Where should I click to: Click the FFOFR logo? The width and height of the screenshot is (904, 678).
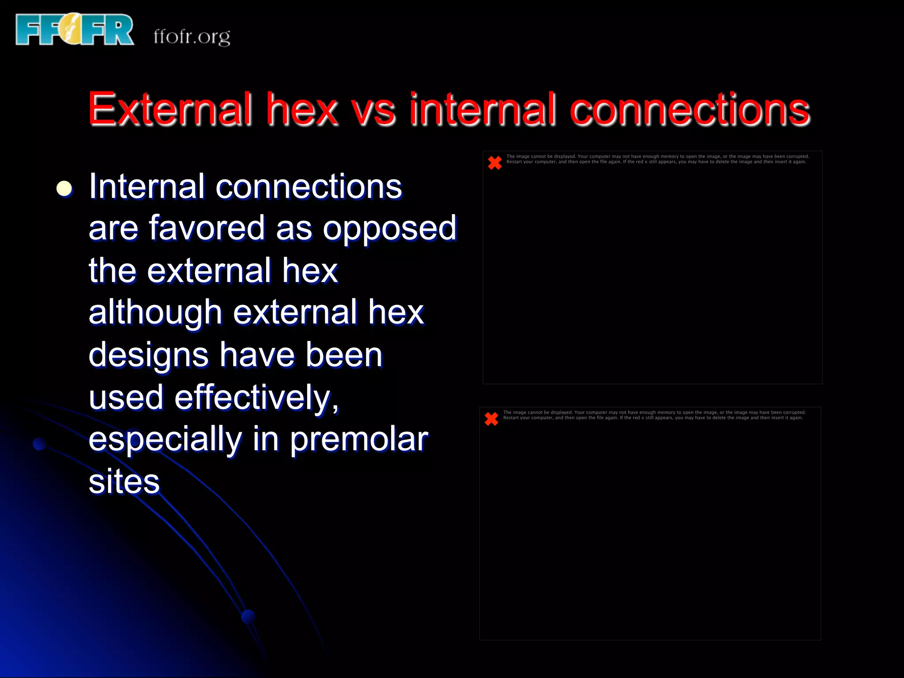pyautogui.click(x=74, y=30)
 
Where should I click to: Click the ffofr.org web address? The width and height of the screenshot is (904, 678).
pyautogui.click(x=192, y=36)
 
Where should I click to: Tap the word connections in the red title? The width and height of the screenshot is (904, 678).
pyautogui.click(x=689, y=109)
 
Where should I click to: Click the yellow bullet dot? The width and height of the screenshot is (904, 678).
pyautogui.click(x=64, y=188)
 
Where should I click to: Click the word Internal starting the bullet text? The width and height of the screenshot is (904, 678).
pyautogui.click(x=147, y=186)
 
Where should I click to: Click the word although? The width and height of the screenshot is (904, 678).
pyautogui.click(x=155, y=313)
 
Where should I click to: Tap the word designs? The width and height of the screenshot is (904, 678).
pyautogui.click(x=148, y=356)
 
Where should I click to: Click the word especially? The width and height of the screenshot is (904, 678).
pyautogui.click(x=165, y=440)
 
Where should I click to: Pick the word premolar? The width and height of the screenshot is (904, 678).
pyautogui.click(x=359, y=440)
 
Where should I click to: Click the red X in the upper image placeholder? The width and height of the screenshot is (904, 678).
pyautogui.click(x=495, y=162)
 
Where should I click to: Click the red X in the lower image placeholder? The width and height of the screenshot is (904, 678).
pyautogui.click(x=491, y=418)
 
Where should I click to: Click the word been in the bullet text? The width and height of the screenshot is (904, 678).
pyautogui.click(x=344, y=355)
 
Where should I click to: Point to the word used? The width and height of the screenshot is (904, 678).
pyautogui.click(x=126, y=397)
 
